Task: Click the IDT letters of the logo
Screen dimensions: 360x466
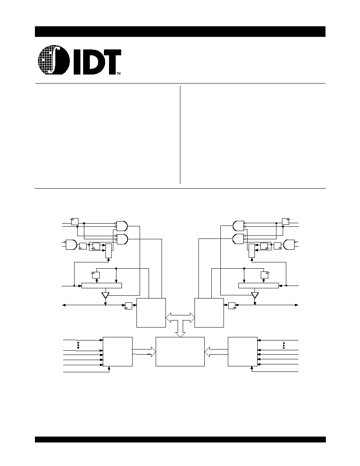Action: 96,62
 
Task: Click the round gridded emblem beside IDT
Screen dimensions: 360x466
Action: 54,60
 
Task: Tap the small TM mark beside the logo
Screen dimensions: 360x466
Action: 118,73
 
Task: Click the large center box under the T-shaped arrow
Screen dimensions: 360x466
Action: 180,351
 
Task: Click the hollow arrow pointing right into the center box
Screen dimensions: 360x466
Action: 144,351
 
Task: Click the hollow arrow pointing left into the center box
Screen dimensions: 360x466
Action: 216,351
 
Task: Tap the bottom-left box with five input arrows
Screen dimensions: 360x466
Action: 118,351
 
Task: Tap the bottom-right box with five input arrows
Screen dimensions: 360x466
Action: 243,351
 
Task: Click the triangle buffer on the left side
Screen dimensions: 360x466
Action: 105,295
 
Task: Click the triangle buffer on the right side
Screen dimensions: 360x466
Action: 255,295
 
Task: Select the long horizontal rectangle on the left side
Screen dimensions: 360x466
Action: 102,286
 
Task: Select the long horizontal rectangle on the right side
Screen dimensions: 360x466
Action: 259,286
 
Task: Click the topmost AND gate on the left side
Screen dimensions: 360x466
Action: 122,226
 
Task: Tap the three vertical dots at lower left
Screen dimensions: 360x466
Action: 78,345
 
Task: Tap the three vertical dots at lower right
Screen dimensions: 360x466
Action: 284,345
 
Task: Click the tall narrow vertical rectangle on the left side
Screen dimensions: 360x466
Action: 109,251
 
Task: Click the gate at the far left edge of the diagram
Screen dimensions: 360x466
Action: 71,244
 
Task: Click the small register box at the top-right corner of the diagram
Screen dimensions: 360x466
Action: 285,221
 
